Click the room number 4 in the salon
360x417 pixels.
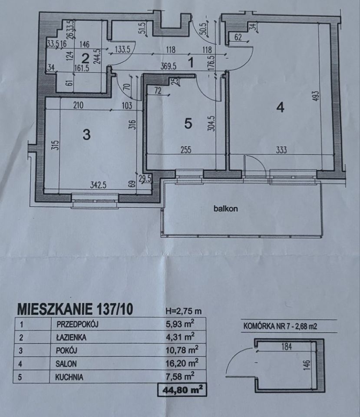[x=281, y=106]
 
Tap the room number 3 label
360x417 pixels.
[x=86, y=135]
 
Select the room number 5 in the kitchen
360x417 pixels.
[x=188, y=123]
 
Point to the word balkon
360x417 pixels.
[x=226, y=208]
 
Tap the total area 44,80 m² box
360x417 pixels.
[x=182, y=390]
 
